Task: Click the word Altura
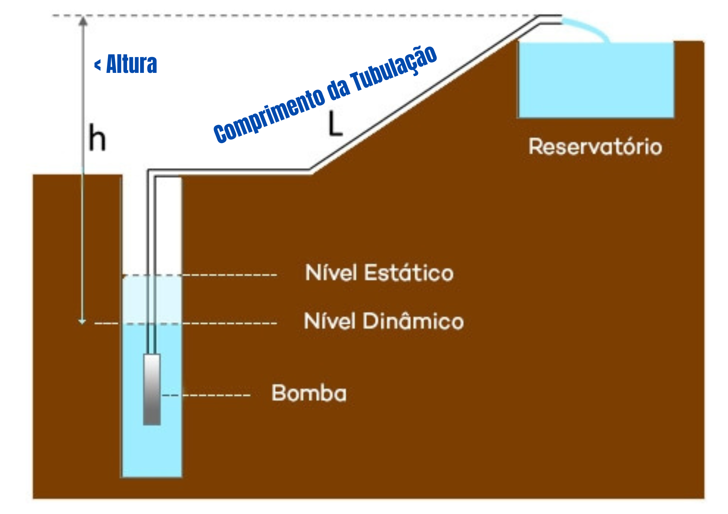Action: point(132,64)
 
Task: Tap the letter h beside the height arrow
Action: point(97,138)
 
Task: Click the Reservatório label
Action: point(595,147)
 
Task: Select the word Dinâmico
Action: point(413,321)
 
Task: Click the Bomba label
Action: point(309,393)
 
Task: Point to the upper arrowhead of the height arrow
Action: point(83,21)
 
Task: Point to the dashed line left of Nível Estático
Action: point(227,275)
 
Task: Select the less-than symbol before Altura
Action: point(97,64)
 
